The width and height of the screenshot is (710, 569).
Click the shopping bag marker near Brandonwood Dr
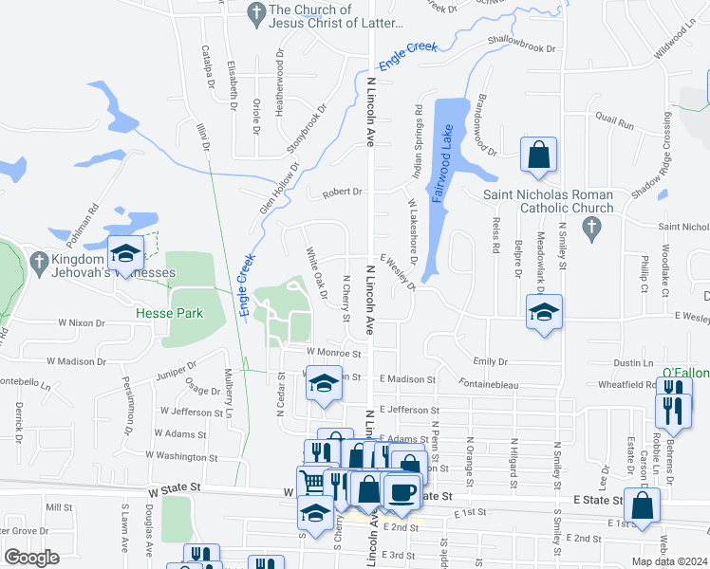(538, 156)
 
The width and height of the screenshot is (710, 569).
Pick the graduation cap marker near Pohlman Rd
(124, 253)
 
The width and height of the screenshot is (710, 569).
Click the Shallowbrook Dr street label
(521, 43)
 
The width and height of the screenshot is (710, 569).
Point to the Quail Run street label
(613, 123)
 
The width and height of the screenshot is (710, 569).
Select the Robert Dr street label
(343, 192)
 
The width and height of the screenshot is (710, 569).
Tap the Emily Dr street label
(491, 361)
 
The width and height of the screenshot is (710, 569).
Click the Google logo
(31, 558)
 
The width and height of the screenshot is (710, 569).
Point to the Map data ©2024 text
(667, 561)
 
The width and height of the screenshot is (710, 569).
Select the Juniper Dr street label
(176, 367)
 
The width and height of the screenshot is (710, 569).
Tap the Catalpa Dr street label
(206, 66)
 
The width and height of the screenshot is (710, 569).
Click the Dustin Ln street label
(634, 362)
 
